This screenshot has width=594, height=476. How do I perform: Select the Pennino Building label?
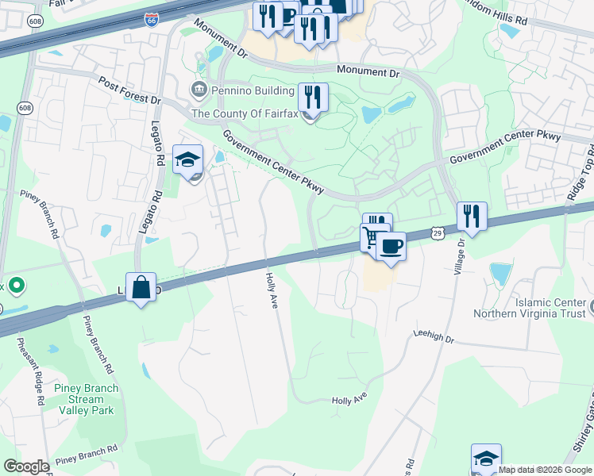point(245,89)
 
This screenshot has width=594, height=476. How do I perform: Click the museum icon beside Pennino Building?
point(199,89)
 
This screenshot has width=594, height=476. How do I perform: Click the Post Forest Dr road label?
point(129,92)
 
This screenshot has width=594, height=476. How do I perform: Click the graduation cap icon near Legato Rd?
point(188,160)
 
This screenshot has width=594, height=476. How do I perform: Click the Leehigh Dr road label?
point(433,337)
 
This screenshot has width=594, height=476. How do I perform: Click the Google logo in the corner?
point(26,466)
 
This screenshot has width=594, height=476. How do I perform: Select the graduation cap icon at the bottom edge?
point(486,459)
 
